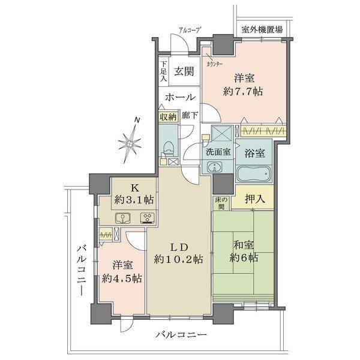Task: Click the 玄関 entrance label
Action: coord(183,71)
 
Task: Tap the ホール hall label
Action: coord(179,97)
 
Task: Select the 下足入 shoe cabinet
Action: coord(163,71)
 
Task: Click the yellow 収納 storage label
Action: coord(167,118)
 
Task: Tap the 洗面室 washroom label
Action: coord(218,152)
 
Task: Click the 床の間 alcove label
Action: coord(220,202)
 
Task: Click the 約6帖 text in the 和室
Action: coord(243,257)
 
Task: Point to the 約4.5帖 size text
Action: coord(122,278)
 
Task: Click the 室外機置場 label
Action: coord(262,28)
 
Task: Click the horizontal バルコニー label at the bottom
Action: coord(182,334)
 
